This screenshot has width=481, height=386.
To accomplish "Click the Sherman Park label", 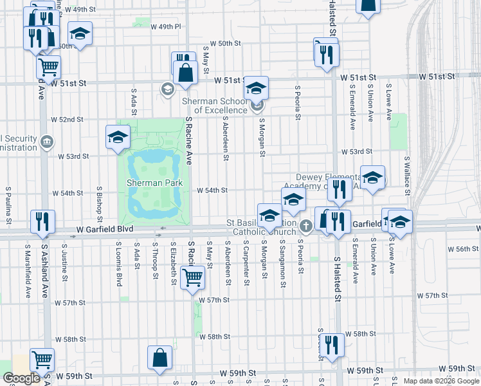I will [154, 183].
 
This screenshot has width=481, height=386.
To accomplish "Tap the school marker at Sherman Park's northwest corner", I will [118, 137].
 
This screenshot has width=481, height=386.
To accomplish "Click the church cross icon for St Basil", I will [306, 226].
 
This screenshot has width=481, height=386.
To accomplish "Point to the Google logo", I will [21, 378].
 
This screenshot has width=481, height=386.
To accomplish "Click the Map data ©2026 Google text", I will [441, 381].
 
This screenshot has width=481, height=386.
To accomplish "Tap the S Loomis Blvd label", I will [119, 264].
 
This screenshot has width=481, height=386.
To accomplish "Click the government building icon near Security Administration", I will [46, 142].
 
